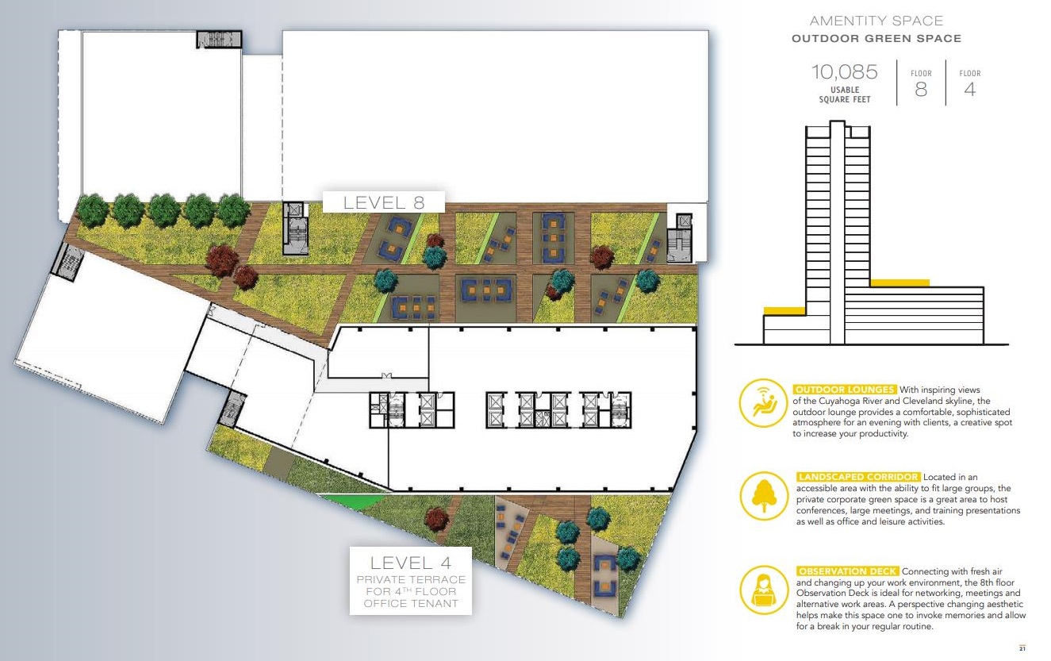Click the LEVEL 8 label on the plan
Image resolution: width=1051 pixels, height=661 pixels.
click(x=384, y=203)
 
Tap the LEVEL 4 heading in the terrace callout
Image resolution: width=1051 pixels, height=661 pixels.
click(x=411, y=563)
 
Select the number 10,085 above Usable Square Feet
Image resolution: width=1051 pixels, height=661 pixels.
click(x=845, y=72)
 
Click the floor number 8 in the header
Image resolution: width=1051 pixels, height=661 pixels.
click(x=921, y=89)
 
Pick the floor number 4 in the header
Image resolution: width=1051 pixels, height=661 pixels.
click(x=970, y=89)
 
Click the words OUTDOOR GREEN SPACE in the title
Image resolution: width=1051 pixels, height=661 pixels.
click(x=876, y=39)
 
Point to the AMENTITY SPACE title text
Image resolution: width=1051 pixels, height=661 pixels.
click(x=876, y=21)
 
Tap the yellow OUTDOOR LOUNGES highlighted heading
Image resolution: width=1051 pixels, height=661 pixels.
click(x=845, y=390)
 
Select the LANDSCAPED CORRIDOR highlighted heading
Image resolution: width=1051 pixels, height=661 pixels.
click(x=858, y=477)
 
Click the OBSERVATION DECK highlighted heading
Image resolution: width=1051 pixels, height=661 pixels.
click(x=847, y=571)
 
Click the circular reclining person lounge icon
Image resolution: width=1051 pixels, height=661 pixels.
click(x=763, y=403)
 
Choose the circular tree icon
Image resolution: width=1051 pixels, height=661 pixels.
click(x=764, y=496)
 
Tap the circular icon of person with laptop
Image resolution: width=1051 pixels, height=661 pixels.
click(x=764, y=590)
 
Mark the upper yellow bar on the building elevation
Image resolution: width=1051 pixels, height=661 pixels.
click(x=900, y=283)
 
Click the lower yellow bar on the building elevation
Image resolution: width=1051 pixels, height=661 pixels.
click(x=784, y=311)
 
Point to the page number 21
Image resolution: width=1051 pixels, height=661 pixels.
click(x=1022, y=649)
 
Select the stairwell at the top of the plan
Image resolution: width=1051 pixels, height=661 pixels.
click(x=219, y=39)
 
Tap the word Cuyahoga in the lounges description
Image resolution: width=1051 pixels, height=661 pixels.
click(x=838, y=401)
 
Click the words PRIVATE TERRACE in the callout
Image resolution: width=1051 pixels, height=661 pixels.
click(x=411, y=580)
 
